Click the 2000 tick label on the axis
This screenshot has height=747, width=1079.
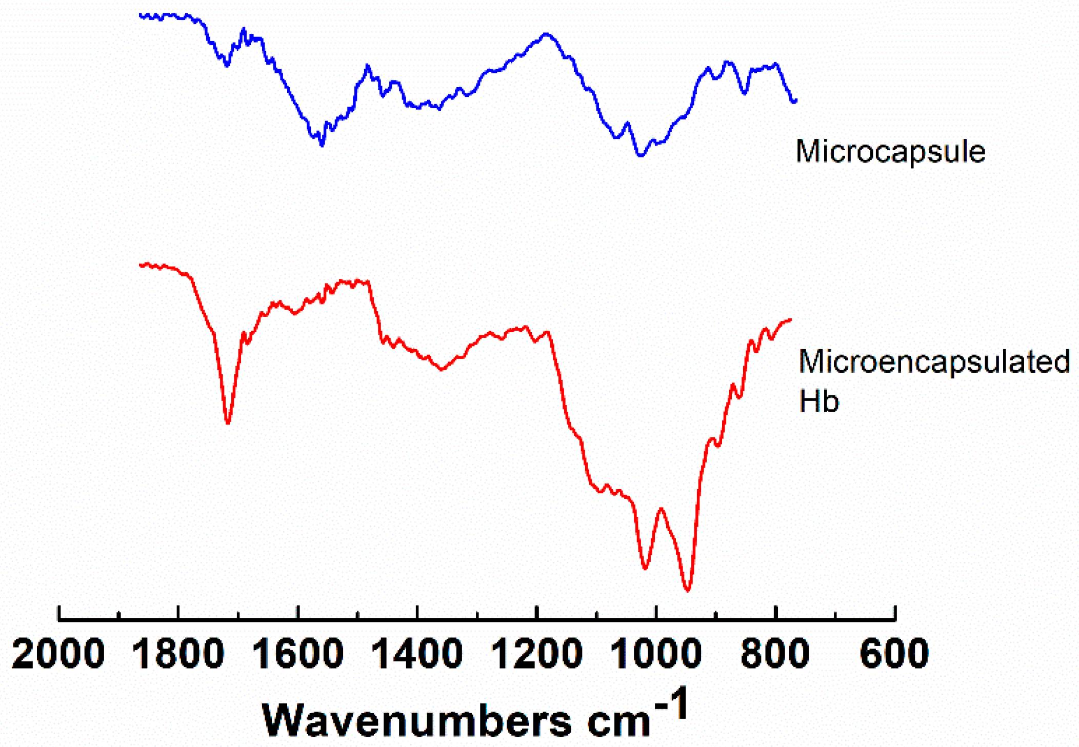pyautogui.click(x=58, y=654)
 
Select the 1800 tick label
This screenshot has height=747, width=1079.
pyautogui.click(x=178, y=654)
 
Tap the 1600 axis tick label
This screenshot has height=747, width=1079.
pyautogui.click(x=297, y=654)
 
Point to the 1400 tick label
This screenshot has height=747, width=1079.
pyautogui.click(x=417, y=654)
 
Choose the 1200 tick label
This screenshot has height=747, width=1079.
pyautogui.click(x=536, y=654)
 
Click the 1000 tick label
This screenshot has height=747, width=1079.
pyautogui.click(x=656, y=654)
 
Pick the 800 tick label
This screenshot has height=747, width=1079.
pyautogui.click(x=775, y=654)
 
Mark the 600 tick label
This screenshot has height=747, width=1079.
pyautogui.click(x=894, y=654)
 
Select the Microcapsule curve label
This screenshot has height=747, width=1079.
pyautogui.click(x=890, y=152)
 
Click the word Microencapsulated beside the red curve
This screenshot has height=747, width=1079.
pyautogui.click(x=934, y=361)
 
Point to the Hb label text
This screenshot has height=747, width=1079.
pyautogui.click(x=818, y=401)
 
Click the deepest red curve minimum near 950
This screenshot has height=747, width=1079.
pyautogui.click(x=688, y=590)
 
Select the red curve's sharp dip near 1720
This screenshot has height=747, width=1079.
pyautogui.click(x=228, y=423)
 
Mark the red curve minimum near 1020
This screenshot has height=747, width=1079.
pyautogui.click(x=645, y=568)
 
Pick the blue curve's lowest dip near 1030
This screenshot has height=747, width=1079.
pyautogui.click(x=640, y=155)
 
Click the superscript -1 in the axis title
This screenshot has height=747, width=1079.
pyautogui.click(x=671, y=705)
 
